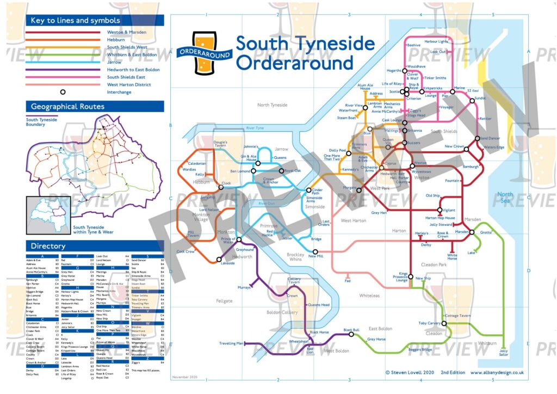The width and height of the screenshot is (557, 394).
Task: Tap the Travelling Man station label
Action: [231, 343]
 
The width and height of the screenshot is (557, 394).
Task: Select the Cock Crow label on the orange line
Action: [185, 252]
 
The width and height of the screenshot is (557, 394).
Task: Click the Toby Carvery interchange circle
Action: [444, 323]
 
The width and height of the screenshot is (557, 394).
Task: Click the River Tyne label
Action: [255, 128]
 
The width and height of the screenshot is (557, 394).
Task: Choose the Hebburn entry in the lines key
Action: [116, 40]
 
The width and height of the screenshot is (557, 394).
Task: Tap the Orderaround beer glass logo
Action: [205, 52]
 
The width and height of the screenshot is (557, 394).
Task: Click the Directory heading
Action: [48, 246]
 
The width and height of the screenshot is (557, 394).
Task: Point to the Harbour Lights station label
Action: [436, 41]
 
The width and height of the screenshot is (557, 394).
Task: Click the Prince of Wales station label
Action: [227, 241]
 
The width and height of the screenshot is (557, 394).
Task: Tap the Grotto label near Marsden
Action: [486, 232]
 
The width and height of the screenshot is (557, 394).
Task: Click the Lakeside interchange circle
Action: [219, 260]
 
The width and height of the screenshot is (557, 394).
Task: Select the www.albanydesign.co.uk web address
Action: [497, 373]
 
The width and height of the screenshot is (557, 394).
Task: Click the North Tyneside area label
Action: [272, 105]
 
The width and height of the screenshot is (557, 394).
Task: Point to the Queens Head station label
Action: [319, 305]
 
